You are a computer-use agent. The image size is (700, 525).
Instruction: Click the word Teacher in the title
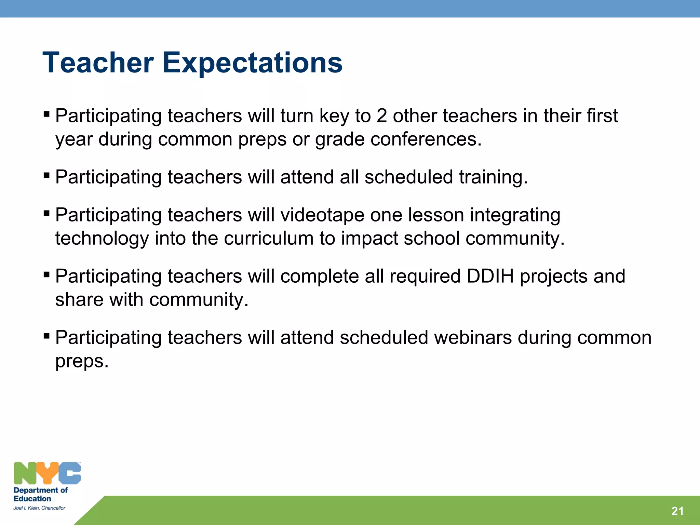point(98,63)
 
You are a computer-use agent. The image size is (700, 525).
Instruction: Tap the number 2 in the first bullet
point(381,116)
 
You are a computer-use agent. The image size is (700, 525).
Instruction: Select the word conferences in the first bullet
point(426,139)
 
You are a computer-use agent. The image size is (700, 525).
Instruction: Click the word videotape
point(322,215)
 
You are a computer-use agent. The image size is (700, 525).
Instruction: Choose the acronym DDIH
point(490,276)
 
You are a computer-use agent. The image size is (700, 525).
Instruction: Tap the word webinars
point(473,338)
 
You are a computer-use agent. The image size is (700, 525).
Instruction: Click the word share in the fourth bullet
point(79,300)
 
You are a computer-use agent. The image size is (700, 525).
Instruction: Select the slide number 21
point(677,511)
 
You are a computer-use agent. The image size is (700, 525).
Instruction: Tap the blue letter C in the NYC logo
point(70,473)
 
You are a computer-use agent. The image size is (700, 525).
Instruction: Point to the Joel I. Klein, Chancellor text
point(39,508)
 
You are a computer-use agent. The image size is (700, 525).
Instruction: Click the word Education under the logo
point(32,499)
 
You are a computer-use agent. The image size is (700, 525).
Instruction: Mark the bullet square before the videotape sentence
point(47,214)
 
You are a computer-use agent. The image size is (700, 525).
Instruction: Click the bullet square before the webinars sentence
point(47,336)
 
